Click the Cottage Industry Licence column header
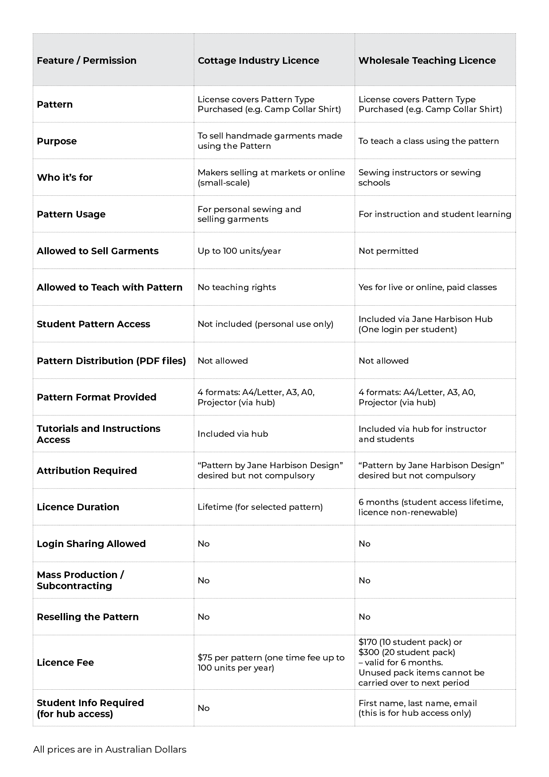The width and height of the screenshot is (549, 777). point(258,61)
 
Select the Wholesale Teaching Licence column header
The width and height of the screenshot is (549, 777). point(427,61)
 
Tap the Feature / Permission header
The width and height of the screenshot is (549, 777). point(86,61)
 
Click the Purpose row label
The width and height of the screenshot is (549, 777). point(57,141)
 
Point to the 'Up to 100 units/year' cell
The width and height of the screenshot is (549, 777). point(239,251)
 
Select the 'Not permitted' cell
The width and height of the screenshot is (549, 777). point(388,251)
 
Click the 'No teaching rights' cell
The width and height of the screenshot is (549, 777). point(236,287)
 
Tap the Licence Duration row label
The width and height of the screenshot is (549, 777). point(78,507)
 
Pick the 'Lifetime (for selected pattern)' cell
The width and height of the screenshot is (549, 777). point(260,507)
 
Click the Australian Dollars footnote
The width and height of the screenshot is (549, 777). point(110,750)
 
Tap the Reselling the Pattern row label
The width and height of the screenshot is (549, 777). point(88,617)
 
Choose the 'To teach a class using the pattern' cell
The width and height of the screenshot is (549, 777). point(429,141)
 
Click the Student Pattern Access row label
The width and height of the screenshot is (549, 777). point(93,324)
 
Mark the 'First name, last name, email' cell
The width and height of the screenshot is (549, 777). point(418,703)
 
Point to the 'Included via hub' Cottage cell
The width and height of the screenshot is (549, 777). point(233,434)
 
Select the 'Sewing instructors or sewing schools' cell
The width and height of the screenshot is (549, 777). point(419,178)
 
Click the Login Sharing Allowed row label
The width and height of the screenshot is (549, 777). point(91,544)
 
